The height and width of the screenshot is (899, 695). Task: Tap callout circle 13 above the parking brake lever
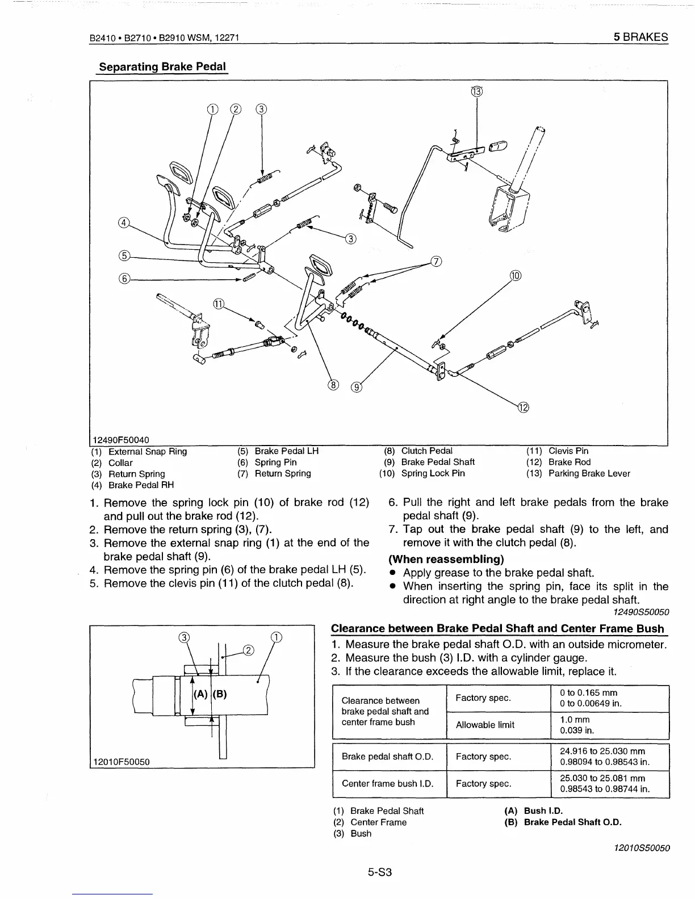(476, 91)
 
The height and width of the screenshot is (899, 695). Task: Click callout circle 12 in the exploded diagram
(523, 407)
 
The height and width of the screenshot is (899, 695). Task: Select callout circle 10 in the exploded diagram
(515, 276)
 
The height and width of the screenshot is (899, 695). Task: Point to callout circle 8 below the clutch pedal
(333, 385)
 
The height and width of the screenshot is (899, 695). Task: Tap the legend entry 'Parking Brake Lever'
(589, 473)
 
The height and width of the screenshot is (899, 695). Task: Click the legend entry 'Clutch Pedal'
(426, 451)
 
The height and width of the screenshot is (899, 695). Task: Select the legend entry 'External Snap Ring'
(147, 452)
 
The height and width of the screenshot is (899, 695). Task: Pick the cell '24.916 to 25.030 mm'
(602, 751)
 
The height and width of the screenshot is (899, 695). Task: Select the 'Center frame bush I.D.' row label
(387, 783)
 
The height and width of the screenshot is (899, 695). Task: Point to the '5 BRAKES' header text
(640, 37)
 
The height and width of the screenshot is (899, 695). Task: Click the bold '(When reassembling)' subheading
(446, 558)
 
